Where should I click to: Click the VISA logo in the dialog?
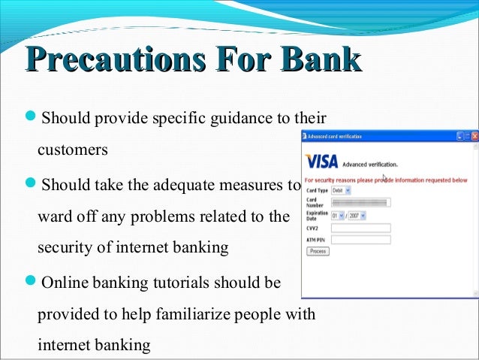click(321, 162)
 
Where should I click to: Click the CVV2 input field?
click(360, 228)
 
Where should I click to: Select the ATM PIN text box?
click(360, 240)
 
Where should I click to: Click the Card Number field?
click(360, 203)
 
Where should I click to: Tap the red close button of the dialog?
click(473, 136)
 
